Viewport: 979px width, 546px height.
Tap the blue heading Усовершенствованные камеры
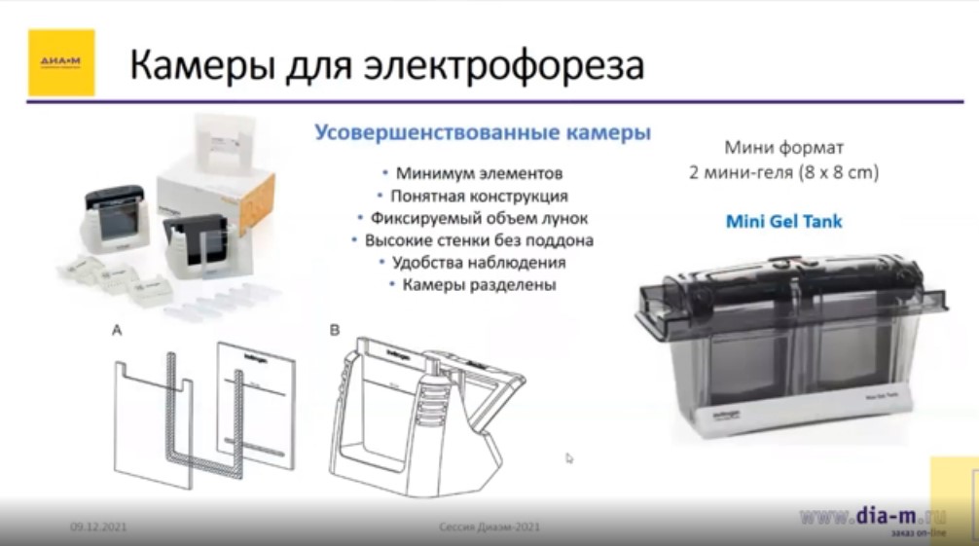pyautogui.click(x=482, y=133)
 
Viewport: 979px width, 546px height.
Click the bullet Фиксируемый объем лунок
pyautogui.click(x=478, y=218)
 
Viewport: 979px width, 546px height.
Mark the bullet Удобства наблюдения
pyautogui.click(x=478, y=262)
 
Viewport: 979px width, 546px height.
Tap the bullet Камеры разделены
pyautogui.click(x=478, y=284)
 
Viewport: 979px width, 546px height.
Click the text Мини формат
pyautogui.click(x=784, y=149)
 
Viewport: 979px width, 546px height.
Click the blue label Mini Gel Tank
pyautogui.click(x=784, y=222)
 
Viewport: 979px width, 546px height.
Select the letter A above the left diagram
pyautogui.click(x=117, y=331)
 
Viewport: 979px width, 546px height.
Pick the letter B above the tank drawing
pyautogui.click(x=335, y=331)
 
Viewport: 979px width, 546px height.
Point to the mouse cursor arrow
pyautogui.click(x=569, y=457)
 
